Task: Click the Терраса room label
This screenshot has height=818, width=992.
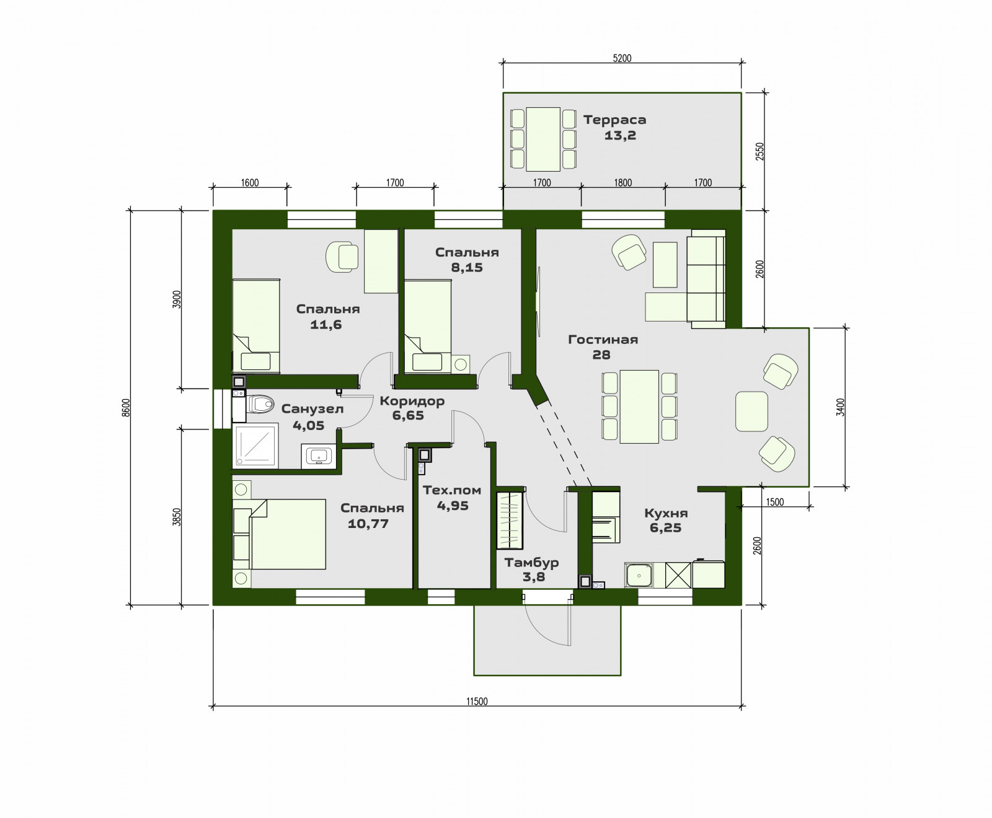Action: coord(614,120)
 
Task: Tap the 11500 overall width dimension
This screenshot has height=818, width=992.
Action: coord(477,701)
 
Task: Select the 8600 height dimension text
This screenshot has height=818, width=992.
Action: coord(126,408)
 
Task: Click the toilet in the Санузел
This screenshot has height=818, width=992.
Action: coord(260,405)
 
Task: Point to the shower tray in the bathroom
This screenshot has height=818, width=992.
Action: coord(255,446)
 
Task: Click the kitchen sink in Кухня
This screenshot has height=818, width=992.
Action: coord(639,575)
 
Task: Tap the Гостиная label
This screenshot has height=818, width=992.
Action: coord(603,339)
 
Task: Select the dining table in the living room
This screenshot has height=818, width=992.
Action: coord(639,406)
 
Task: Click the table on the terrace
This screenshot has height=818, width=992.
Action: coord(543,139)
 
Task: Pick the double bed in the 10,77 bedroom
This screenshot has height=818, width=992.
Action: coord(288,534)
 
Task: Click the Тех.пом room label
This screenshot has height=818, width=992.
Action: coord(452,490)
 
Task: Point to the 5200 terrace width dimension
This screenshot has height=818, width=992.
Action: coord(622,58)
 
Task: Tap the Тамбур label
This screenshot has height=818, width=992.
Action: coord(531,563)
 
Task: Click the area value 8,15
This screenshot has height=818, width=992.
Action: coord(467,268)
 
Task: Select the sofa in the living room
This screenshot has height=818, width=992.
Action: coord(706,279)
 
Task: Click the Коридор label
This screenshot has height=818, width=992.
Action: coord(412,401)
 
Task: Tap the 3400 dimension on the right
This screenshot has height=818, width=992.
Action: coord(840,407)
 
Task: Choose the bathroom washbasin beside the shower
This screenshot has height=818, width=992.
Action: coord(319,455)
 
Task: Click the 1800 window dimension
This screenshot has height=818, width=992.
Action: coord(622,183)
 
